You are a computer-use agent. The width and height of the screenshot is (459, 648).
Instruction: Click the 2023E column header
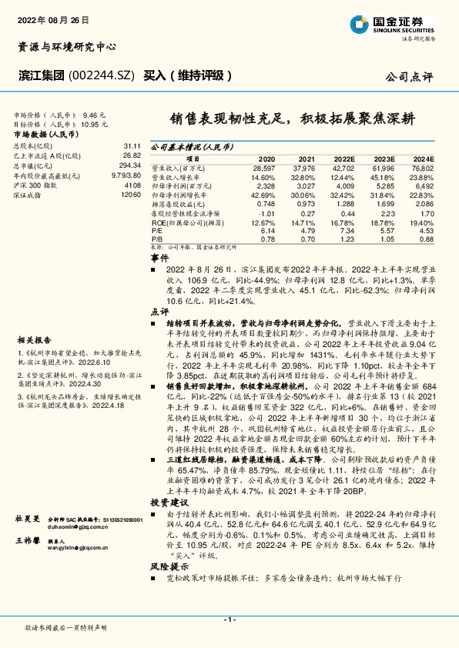tap(383, 158)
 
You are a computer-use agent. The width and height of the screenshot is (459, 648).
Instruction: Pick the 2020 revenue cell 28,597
tap(263, 167)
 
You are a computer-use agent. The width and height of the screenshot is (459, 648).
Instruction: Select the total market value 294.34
tap(130, 165)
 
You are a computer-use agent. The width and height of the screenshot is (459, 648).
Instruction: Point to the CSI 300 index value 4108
tap(132, 185)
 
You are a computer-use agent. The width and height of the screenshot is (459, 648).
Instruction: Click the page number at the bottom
tap(229, 620)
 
